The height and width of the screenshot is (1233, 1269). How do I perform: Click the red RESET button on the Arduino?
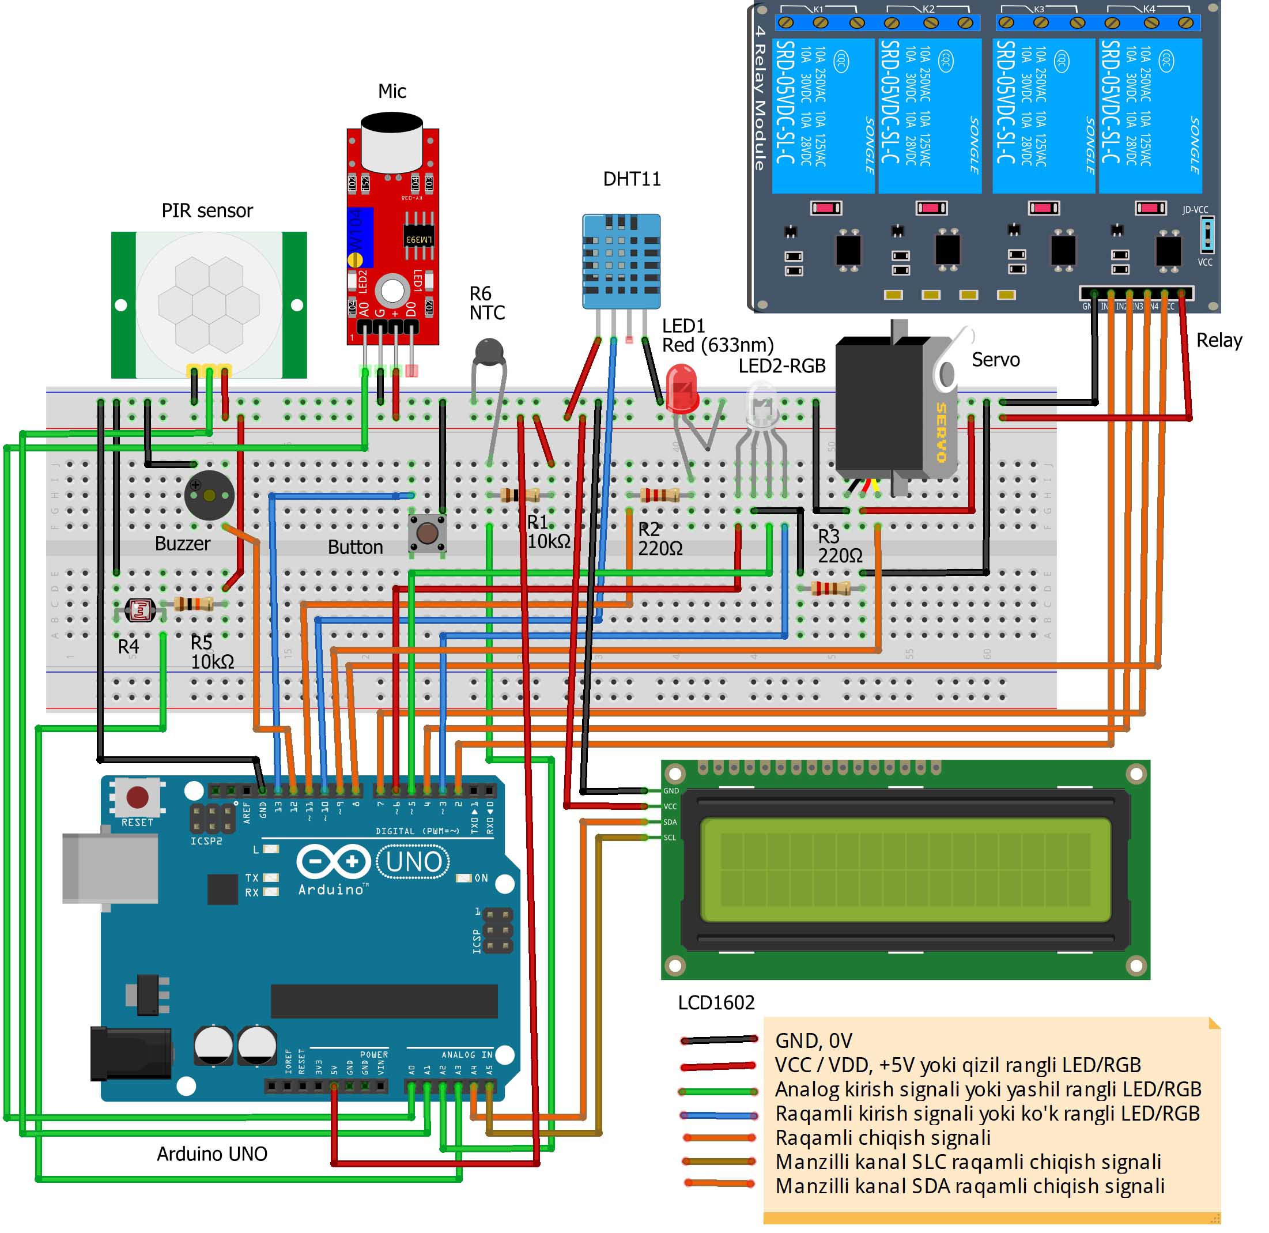click(137, 797)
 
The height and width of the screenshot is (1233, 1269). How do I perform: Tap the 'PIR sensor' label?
click(207, 211)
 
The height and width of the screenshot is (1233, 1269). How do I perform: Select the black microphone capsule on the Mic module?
click(392, 141)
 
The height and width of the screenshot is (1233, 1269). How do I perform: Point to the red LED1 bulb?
click(681, 387)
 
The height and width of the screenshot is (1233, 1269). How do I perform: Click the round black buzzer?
click(209, 495)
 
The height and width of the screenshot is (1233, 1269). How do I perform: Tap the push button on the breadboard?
click(427, 534)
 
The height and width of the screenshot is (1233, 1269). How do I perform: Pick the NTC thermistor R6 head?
click(489, 352)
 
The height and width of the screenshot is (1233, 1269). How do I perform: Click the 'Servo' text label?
click(995, 360)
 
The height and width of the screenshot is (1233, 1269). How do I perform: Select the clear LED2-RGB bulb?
click(762, 405)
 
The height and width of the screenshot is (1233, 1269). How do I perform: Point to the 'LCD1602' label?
click(716, 1003)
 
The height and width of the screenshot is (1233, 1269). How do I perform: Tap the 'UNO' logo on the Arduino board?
click(414, 862)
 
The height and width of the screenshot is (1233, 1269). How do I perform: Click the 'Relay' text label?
click(1218, 341)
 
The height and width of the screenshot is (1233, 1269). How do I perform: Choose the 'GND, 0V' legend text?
click(813, 1040)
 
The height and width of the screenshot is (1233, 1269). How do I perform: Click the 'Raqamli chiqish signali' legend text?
click(883, 1138)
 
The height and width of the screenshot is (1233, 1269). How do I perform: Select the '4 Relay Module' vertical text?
click(760, 97)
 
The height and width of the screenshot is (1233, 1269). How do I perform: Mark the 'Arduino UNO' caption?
click(211, 1154)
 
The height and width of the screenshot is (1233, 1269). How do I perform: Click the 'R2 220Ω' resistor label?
click(660, 539)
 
